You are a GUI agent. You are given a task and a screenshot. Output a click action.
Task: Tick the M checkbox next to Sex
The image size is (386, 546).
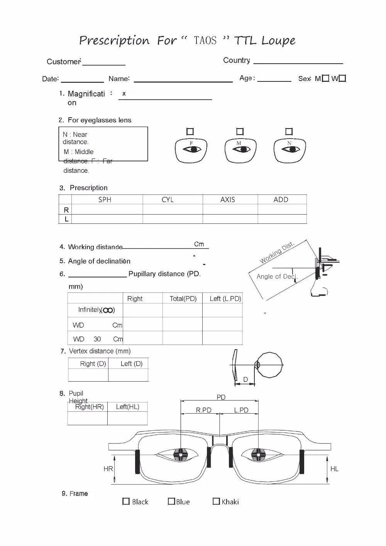coord(325,78)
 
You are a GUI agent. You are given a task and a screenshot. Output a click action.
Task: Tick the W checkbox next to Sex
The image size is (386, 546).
coord(342,78)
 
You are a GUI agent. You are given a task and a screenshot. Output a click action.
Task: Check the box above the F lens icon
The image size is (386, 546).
coord(190,132)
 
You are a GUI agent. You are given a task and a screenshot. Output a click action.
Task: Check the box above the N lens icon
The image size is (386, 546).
coord(289,132)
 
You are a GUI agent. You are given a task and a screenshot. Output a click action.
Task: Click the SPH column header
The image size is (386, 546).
coord(105,199)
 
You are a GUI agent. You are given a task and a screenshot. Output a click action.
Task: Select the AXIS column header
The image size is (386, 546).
coord(228,199)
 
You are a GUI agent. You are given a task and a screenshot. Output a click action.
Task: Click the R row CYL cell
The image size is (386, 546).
coord(173,210)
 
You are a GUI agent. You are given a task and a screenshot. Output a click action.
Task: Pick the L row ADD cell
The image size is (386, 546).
coord(282,219)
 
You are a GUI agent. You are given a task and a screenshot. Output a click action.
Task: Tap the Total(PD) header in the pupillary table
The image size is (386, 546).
coord(183,298)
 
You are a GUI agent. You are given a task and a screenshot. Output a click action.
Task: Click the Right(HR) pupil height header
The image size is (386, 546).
coord(90,407)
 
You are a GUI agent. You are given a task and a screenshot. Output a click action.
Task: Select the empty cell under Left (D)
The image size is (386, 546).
coord(128,375)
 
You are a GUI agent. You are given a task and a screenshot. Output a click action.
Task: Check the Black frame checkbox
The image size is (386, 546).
coord(126,501)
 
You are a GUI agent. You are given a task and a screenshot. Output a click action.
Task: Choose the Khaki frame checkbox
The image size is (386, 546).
coord(216,501)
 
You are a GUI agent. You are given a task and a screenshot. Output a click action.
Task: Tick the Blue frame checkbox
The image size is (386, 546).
coord(171,501)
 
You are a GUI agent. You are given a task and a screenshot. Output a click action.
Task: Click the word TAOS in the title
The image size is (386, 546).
coord(205,41)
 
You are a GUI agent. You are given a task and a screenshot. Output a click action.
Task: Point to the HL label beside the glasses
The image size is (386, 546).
coord(334,469)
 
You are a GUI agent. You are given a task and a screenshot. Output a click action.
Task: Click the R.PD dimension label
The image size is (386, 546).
coord(203,410)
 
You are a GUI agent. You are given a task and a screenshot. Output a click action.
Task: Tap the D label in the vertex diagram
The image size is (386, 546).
coord(245,380)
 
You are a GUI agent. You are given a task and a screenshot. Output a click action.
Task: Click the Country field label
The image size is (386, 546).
coord(237,60)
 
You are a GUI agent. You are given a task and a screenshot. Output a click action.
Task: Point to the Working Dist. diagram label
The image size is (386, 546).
coord(277,253)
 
